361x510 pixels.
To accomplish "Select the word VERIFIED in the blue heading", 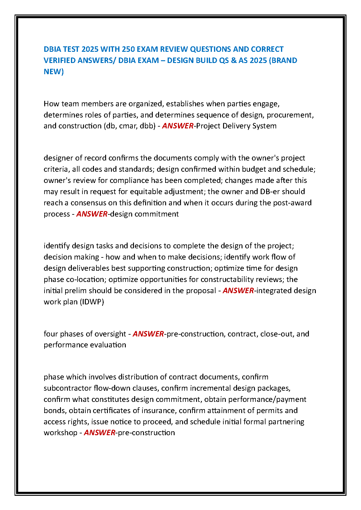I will (x=60, y=60).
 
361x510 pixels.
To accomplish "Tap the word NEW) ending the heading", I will (x=54, y=71).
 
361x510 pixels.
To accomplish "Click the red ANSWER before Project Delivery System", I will (x=178, y=126).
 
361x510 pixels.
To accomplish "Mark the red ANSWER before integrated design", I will (x=238, y=290).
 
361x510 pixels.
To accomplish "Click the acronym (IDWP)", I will (x=92, y=302).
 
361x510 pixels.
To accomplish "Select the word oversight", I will (x=109, y=334).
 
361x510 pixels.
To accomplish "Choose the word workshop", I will (x=60, y=432).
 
